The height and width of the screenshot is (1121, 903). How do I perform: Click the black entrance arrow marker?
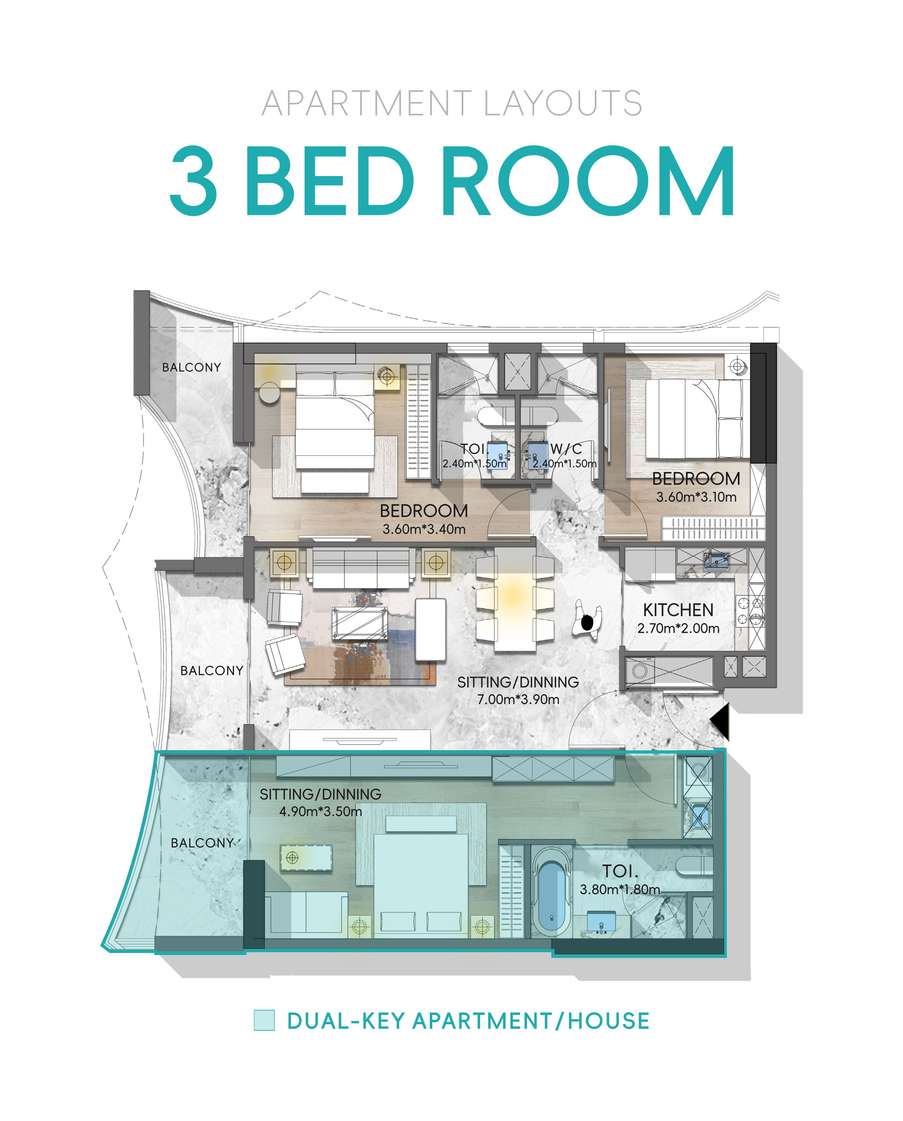pyautogui.click(x=721, y=721)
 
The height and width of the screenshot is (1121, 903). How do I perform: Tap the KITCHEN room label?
pyautogui.click(x=678, y=610)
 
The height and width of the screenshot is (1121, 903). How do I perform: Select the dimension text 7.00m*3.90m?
pyautogui.click(x=518, y=699)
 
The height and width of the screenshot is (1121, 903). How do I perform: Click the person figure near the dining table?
pyautogui.click(x=587, y=620)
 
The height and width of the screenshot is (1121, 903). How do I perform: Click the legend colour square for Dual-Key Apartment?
pyautogui.click(x=264, y=1020)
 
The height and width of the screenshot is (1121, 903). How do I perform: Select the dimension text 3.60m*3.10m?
pyautogui.click(x=696, y=497)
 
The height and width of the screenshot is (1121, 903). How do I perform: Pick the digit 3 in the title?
pyautogui.click(x=193, y=181)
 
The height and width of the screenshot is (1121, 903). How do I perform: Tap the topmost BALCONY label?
pyautogui.click(x=191, y=367)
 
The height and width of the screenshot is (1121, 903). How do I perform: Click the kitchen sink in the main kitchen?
pyautogui.click(x=716, y=562)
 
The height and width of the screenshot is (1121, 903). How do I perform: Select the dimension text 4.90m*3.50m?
pyautogui.click(x=321, y=811)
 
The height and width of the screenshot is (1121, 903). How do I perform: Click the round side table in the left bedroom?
pyautogui.click(x=270, y=392)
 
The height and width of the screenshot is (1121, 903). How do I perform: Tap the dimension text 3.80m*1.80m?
pyautogui.click(x=620, y=889)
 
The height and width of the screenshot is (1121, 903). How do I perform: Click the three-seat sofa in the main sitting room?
pyautogui.click(x=361, y=568)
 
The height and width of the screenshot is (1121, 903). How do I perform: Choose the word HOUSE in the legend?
pyautogui.click(x=609, y=1021)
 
